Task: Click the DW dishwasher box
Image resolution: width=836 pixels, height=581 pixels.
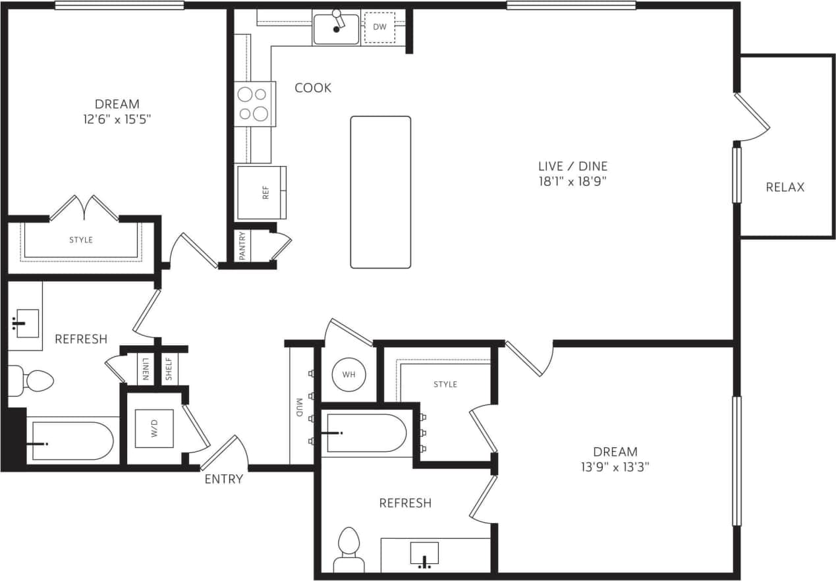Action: tap(379, 27)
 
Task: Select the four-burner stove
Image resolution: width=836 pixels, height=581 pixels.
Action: tap(254, 104)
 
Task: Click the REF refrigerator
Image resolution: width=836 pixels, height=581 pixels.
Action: tap(262, 192)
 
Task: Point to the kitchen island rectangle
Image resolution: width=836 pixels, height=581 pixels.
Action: tap(380, 192)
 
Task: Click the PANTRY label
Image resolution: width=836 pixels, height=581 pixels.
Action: tap(242, 246)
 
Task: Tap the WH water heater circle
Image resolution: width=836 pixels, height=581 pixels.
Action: tap(348, 374)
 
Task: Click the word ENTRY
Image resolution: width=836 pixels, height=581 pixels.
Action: tap(223, 479)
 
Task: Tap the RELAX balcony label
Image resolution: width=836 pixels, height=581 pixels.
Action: tap(785, 187)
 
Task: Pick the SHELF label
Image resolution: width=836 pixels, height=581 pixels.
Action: tap(169, 369)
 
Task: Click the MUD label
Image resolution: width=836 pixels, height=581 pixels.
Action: tap(299, 408)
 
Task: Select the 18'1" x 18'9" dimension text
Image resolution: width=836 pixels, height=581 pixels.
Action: tap(572, 180)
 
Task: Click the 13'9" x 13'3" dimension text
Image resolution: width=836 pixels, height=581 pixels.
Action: tap(615, 467)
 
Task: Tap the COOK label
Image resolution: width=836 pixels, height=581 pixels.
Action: tap(313, 88)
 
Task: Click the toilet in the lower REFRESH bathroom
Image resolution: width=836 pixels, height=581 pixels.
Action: tap(348, 550)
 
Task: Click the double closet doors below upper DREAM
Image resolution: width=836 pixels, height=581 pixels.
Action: tap(84, 207)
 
